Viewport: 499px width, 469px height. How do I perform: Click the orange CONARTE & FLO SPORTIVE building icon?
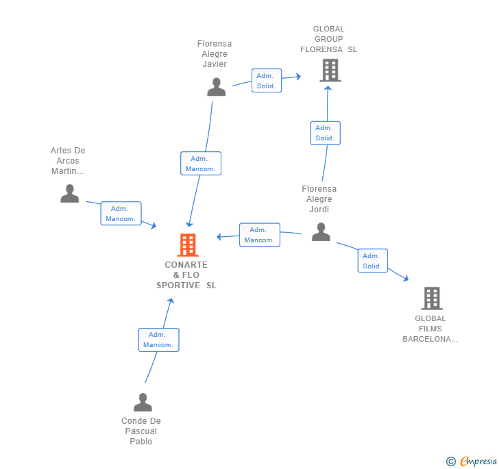point(188,245)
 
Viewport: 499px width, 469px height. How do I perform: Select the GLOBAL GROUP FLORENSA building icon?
point(330,70)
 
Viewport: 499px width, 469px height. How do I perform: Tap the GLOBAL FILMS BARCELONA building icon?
point(431,299)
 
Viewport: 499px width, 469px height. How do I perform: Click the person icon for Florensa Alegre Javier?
point(217,87)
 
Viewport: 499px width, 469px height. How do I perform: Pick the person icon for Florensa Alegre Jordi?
point(321,232)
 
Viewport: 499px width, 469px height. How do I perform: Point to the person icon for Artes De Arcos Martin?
point(69,194)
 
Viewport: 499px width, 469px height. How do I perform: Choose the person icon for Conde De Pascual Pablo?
point(143,402)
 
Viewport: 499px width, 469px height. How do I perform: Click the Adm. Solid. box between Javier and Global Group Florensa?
point(266,81)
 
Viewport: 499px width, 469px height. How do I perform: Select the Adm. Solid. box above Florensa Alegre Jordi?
point(325,133)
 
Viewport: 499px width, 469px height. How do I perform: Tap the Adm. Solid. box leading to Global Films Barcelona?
point(372,260)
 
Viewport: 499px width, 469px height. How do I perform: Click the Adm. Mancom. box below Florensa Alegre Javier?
point(201,164)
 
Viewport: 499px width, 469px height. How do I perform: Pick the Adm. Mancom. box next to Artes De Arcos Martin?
point(121,214)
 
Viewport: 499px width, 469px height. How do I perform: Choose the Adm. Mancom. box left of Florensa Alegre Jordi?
point(259,235)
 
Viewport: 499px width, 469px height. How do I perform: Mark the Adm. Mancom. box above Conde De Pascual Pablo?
point(158,340)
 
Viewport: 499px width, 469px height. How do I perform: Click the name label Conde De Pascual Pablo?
point(141,431)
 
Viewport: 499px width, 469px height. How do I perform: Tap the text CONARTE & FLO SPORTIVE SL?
point(186,275)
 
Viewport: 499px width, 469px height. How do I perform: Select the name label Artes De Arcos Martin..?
point(68,161)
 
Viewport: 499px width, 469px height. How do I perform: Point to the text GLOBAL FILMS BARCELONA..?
point(430,329)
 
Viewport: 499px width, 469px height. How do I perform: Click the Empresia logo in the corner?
point(478,461)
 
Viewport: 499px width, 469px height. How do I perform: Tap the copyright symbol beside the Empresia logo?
point(451,461)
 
